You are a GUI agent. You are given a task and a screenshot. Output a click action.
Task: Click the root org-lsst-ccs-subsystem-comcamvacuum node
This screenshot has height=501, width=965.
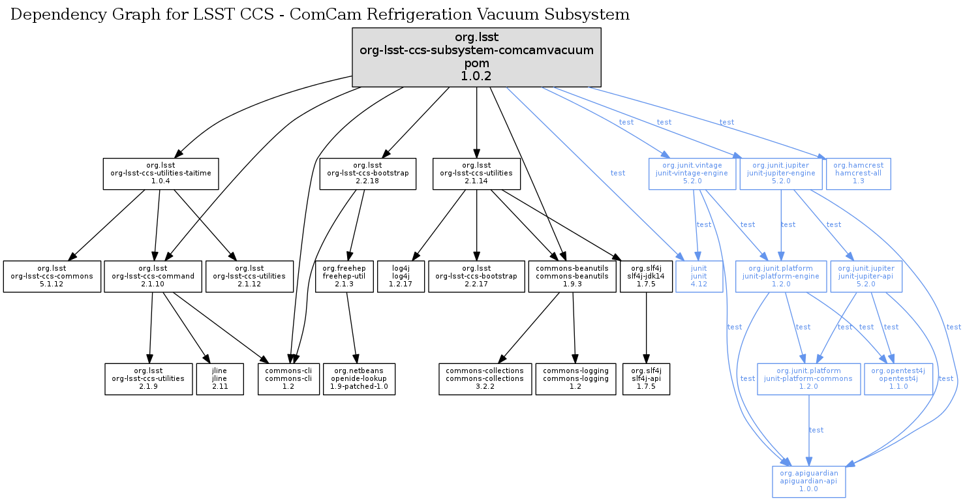point(476,57)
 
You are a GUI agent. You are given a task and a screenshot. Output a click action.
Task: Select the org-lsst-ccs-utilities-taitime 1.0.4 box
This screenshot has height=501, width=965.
point(161,174)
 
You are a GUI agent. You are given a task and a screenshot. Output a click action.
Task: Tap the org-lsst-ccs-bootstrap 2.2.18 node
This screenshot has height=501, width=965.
point(367,174)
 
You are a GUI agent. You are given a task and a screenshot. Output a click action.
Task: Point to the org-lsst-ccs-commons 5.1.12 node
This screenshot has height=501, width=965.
point(52,277)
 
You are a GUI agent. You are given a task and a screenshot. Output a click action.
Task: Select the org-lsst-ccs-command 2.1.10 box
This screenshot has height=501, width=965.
point(153,277)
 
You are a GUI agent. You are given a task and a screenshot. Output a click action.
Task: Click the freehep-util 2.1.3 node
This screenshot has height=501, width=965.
point(344,277)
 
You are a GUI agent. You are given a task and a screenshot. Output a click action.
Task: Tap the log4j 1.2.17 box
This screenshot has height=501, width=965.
point(402,277)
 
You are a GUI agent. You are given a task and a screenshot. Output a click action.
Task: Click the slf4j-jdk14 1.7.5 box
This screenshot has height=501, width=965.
point(646,277)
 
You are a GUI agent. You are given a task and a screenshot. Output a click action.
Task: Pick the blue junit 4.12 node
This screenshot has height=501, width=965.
point(699,277)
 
